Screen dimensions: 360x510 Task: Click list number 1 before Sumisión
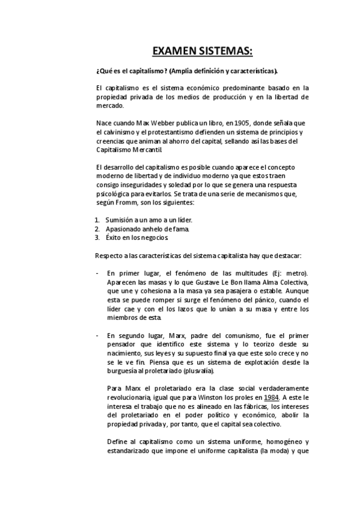(97, 221)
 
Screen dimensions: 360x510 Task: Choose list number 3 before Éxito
(97, 237)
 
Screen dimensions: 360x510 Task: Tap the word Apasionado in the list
(123, 229)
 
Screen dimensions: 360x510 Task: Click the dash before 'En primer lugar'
(97, 274)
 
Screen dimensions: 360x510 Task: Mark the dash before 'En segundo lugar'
(97, 335)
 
